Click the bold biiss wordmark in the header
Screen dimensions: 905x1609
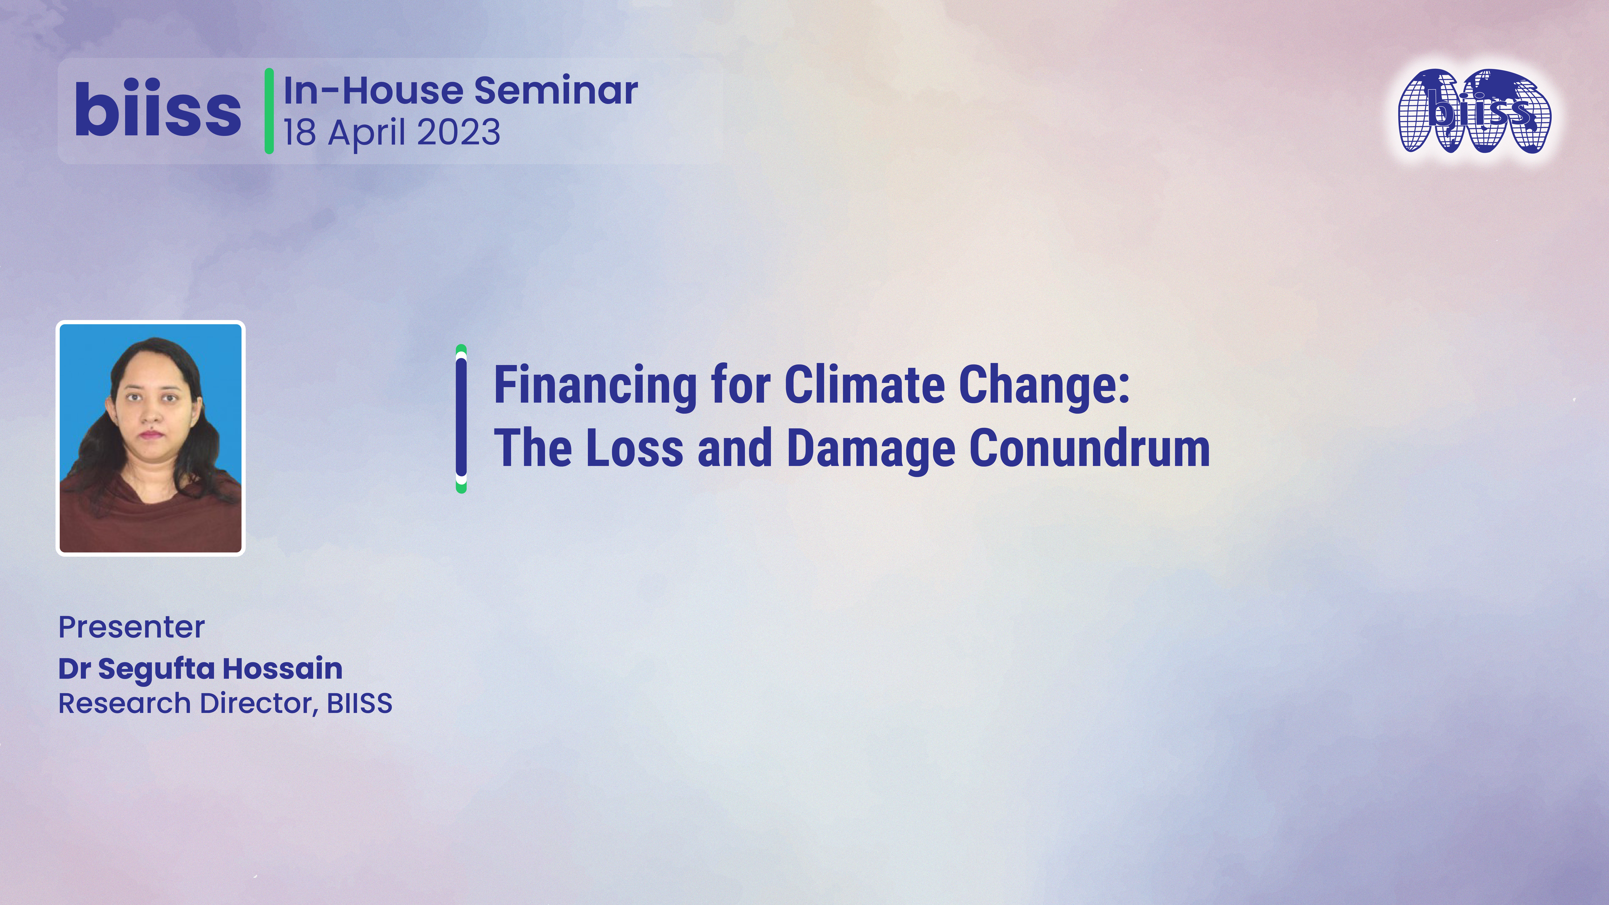pos(157,111)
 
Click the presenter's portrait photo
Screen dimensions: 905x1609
pos(150,438)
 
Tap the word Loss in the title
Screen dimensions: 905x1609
pos(635,448)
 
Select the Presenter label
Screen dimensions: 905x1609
pos(131,627)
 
